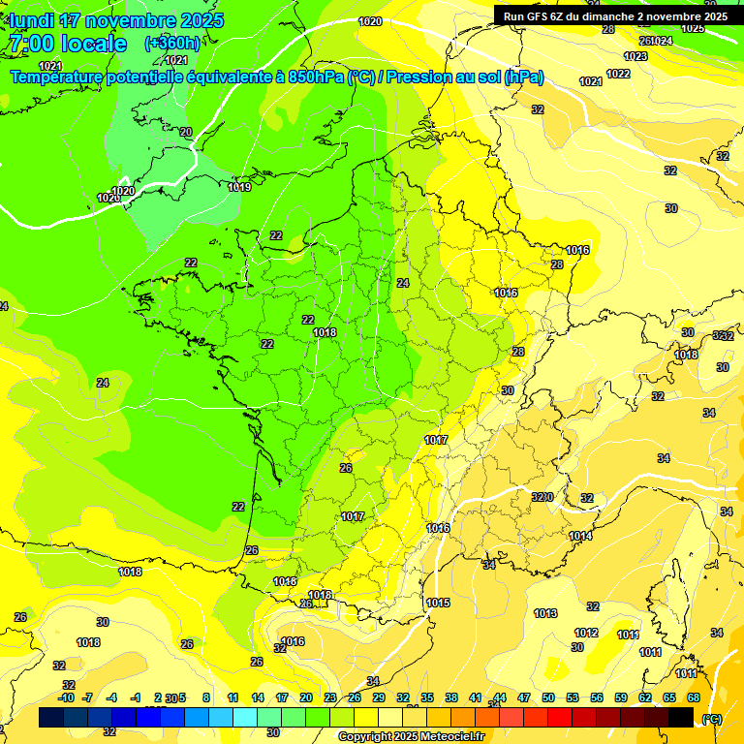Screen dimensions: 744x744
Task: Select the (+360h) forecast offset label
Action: [x=172, y=43]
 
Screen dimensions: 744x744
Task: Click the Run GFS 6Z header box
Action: [x=615, y=15]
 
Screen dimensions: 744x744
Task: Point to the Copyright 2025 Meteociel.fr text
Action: [x=411, y=736]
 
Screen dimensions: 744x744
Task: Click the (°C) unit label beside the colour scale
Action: [x=712, y=719]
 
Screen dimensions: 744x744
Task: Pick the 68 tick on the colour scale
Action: [x=694, y=697]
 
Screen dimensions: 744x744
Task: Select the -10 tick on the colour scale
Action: [x=67, y=697]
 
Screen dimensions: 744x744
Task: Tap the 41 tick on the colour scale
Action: [x=476, y=697]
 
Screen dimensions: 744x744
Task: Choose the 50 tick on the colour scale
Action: [x=548, y=697]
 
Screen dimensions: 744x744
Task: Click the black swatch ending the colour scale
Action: [x=681, y=717]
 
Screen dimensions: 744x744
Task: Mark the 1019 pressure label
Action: [x=239, y=187]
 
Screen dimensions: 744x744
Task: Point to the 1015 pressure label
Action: [x=439, y=603]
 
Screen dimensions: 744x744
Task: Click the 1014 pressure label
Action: [x=580, y=536]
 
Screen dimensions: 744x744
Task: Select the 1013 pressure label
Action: [x=545, y=613]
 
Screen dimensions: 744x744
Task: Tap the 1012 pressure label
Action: [x=586, y=633]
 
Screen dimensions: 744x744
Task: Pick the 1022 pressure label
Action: [x=618, y=74]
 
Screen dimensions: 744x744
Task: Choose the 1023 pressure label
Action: [x=635, y=56]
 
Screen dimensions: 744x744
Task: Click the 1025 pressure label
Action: [x=693, y=28]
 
